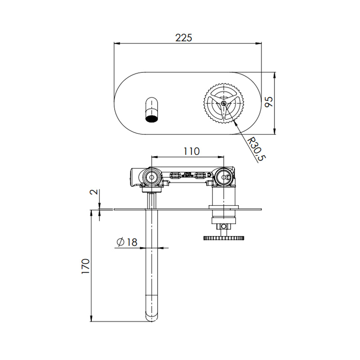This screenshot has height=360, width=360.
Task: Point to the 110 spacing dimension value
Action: (191, 151)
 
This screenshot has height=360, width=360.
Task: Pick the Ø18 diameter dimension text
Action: (126, 242)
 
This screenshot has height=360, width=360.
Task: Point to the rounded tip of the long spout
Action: (152, 317)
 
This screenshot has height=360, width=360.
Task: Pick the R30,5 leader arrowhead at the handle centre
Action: (225, 107)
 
